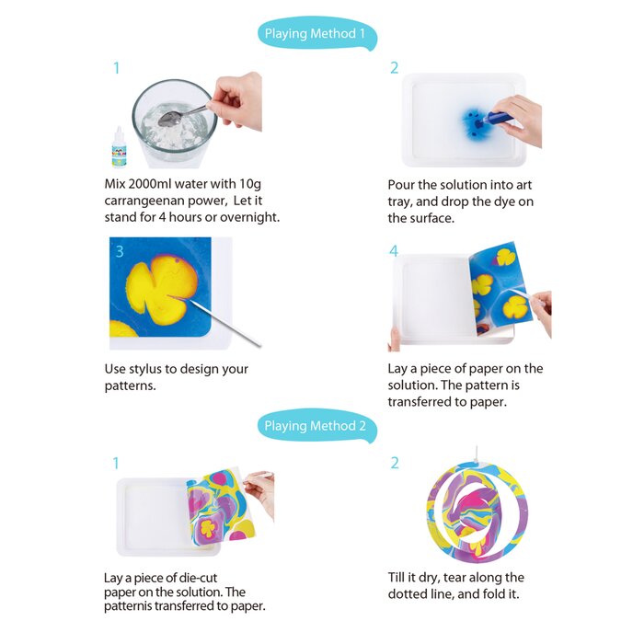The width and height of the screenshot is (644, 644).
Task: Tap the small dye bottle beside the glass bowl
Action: click(x=119, y=147)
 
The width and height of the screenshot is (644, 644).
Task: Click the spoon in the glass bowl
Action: click(x=175, y=116)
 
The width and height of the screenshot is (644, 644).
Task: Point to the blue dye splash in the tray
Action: click(x=474, y=120)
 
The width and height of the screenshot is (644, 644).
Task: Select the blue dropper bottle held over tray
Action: click(x=500, y=117)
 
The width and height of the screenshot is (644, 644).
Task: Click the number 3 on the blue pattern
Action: click(x=119, y=251)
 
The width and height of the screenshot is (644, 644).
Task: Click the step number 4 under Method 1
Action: click(x=394, y=251)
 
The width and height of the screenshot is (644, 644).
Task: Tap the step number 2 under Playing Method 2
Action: click(x=394, y=463)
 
